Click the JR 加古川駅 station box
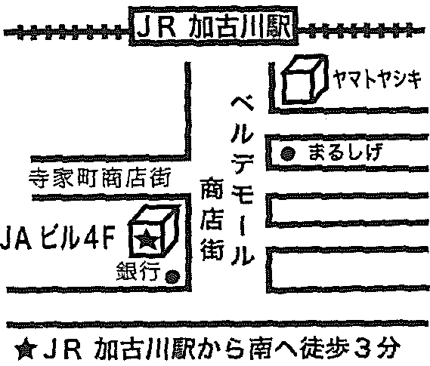point(213,26)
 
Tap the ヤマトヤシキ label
point(376,78)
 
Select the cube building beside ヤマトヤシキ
point(305,80)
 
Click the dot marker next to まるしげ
point(288,154)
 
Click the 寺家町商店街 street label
point(100,178)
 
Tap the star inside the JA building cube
point(149,239)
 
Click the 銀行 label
point(138,272)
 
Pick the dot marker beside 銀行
point(172,277)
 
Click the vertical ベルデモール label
point(242,181)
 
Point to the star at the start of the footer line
point(26,350)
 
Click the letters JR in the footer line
point(63,349)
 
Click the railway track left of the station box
point(66,32)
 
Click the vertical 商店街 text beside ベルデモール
point(212,220)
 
